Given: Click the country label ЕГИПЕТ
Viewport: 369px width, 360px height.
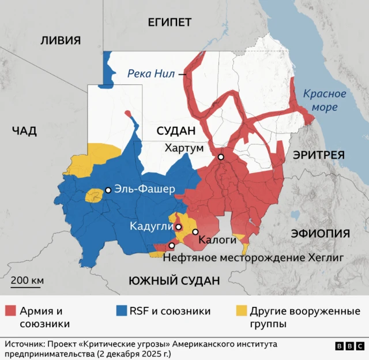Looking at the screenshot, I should (x=169, y=22).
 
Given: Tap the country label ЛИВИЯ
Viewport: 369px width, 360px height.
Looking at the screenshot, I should (x=60, y=40).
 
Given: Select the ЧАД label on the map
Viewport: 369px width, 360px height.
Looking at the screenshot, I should (x=24, y=131).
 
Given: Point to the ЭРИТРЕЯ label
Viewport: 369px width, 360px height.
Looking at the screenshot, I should (x=318, y=155).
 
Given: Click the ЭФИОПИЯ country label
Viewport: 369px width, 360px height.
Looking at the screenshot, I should (x=321, y=233).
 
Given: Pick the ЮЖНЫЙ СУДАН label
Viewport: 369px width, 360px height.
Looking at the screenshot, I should (x=174, y=281).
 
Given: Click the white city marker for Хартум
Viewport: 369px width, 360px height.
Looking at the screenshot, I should (x=220, y=157).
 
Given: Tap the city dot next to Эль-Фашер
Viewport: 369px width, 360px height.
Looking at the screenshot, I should (x=108, y=190).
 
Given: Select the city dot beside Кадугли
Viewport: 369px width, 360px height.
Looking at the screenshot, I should (x=179, y=227).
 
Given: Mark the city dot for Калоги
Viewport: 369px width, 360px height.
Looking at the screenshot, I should (x=195, y=232).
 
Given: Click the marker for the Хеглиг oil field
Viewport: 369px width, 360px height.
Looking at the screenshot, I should (x=171, y=246).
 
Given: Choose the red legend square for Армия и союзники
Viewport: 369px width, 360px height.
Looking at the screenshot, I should (x=10, y=312).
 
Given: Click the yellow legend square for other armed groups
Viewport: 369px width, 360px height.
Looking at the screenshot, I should (x=239, y=312).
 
